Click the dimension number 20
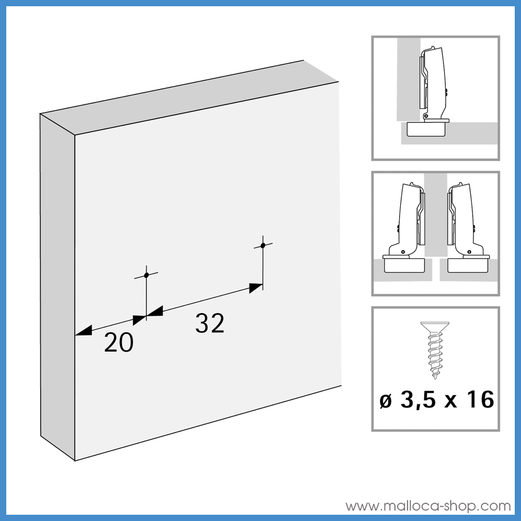(x=119, y=343)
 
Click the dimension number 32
(x=210, y=324)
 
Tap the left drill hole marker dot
(x=146, y=275)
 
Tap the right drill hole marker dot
(x=263, y=245)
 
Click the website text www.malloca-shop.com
(x=428, y=505)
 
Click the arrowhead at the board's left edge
(x=83, y=331)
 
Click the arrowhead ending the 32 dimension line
(x=256, y=288)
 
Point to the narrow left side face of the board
(x=57, y=287)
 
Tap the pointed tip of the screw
(x=436, y=376)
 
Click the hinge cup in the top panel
(x=425, y=129)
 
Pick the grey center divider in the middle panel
(x=436, y=219)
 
